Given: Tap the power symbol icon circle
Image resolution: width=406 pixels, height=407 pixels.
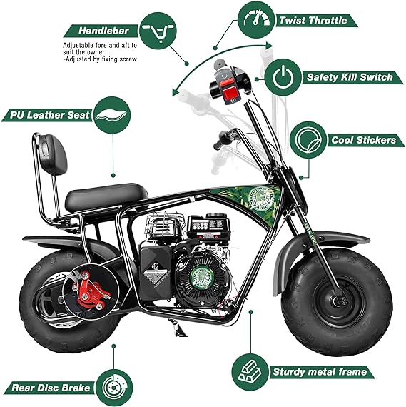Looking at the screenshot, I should point(284,76).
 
